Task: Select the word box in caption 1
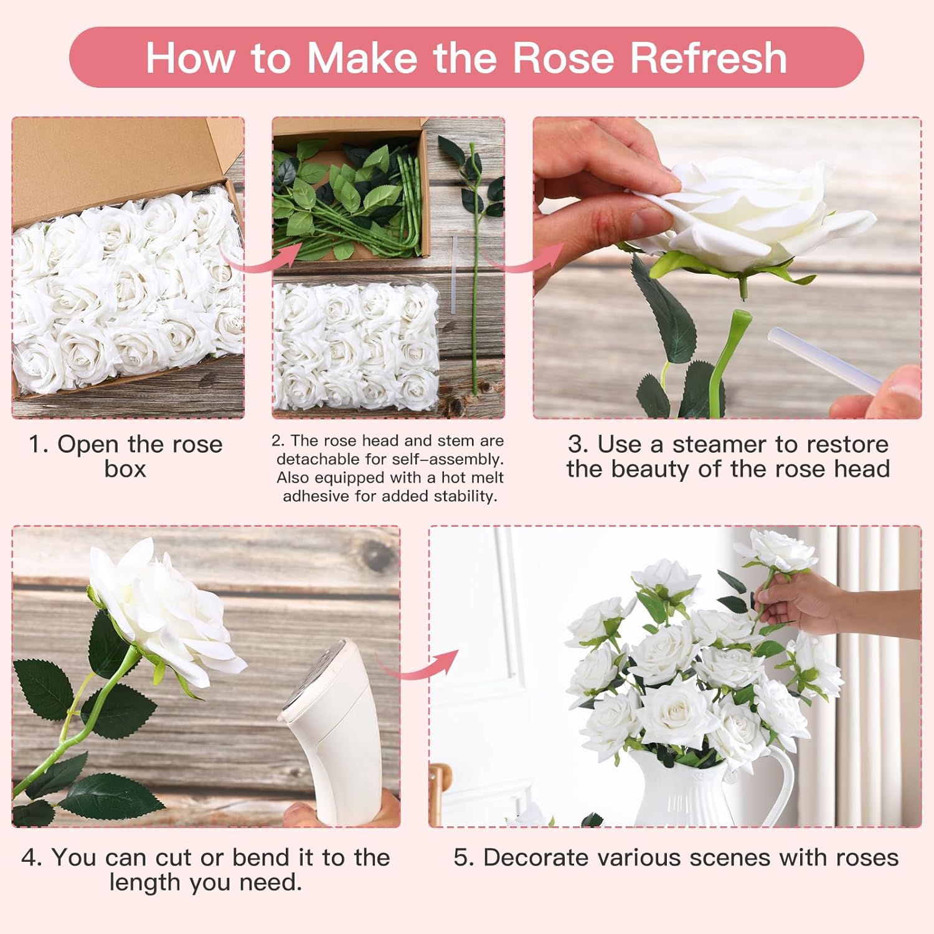point(125,469)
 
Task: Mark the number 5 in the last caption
point(460,858)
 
